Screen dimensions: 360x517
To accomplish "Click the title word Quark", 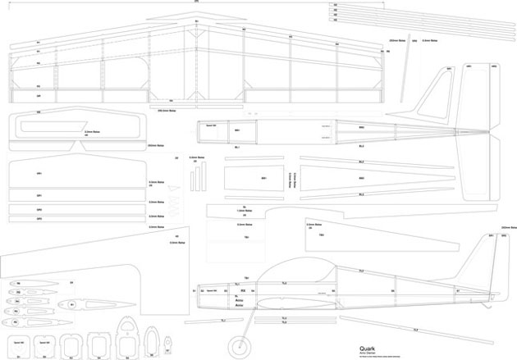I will point(366,347).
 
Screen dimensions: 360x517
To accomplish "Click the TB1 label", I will point(246,237).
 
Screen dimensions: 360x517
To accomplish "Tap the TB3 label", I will point(322,235).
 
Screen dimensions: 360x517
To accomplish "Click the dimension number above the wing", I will point(196,2).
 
